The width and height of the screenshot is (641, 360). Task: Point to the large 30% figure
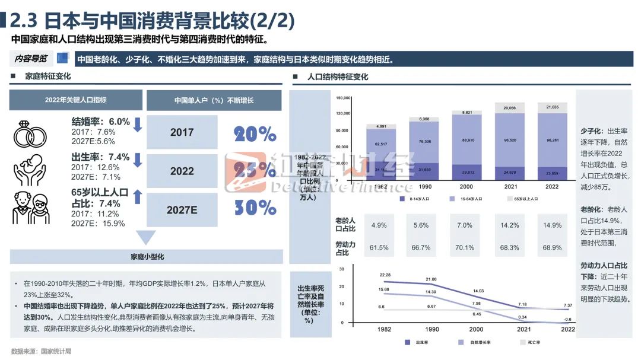point(255,208)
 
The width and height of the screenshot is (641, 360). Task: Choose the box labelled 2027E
point(182,210)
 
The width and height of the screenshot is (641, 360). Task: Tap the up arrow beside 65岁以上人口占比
point(137,197)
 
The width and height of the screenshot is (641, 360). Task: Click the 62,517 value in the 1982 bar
point(381,144)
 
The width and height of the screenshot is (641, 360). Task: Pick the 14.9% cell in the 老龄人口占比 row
point(552,225)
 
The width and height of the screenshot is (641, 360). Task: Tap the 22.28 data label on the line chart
point(385,275)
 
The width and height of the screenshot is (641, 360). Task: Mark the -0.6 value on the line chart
point(569,319)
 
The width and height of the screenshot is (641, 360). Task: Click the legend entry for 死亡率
point(531,343)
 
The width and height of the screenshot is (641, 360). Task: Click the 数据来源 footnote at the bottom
point(42,351)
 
